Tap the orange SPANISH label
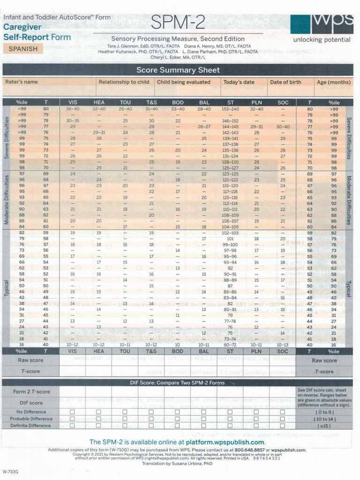click(x=23, y=48)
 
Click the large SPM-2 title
click(x=178, y=22)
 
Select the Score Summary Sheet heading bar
click(x=178, y=70)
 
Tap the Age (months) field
click(x=333, y=87)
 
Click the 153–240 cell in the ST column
click(x=230, y=109)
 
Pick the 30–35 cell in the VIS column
click(x=73, y=120)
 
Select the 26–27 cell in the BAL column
click(x=204, y=127)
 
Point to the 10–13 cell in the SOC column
click(x=283, y=345)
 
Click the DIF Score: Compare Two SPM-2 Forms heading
click(x=178, y=382)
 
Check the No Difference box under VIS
click(x=73, y=412)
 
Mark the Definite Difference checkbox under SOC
click(x=283, y=426)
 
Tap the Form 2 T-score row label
click(x=31, y=392)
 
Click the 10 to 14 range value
click(x=324, y=419)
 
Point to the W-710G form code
click(x=11, y=471)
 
